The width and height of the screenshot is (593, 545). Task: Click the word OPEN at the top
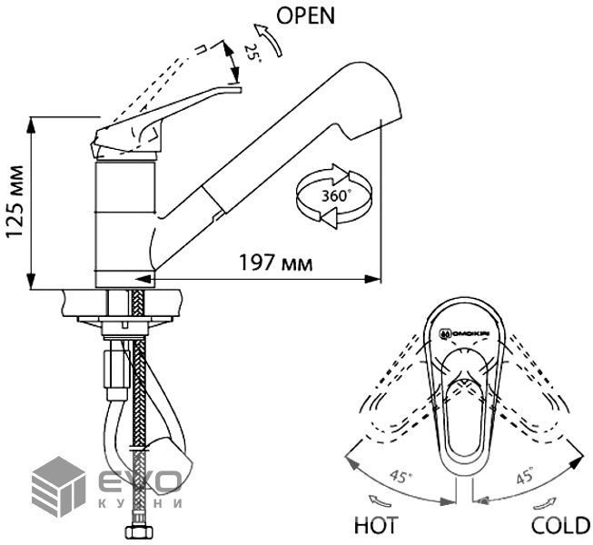click(306, 15)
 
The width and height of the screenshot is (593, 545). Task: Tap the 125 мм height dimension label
click(15, 202)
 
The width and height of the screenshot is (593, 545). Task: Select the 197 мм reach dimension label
click(276, 263)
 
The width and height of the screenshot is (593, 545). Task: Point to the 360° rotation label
click(334, 196)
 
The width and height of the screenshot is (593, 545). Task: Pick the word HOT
click(376, 525)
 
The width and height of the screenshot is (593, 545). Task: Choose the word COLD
click(561, 525)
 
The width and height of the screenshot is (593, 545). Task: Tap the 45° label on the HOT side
click(401, 477)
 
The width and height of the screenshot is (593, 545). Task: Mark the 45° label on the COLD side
click(525, 475)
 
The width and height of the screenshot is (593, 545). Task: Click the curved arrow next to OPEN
click(270, 39)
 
